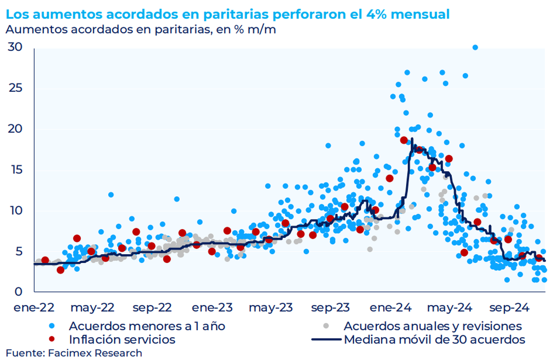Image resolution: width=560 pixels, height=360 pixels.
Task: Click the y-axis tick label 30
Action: pyautogui.click(x=16, y=48)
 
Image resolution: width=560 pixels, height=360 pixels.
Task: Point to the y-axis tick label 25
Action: pyautogui.click(x=16, y=89)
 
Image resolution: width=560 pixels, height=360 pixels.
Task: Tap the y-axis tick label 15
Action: pyautogui.click(x=16, y=170)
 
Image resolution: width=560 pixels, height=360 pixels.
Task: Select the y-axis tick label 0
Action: pyautogui.click(x=19, y=292)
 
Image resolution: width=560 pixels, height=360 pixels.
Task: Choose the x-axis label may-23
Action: pyautogui.click(x=271, y=308)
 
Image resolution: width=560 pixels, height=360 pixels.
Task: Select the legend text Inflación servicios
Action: pyautogui.click(x=122, y=339)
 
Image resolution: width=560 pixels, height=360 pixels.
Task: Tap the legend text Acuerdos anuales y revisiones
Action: pyautogui.click(x=433, y=325)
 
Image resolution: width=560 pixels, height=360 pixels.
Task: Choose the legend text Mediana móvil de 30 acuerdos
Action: pyautogui.click(x=434, y=339)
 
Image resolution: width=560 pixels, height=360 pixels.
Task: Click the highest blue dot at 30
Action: pyautogui.click(x=475, y=47)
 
